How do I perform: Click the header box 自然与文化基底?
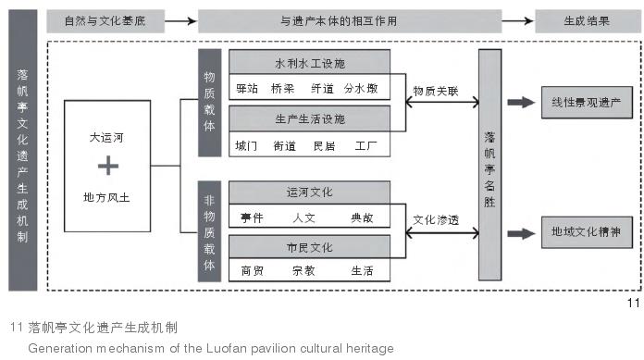pyautogui.click(x=104, y=19)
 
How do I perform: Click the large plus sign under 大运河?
pyautogui.click(x=108, y=167)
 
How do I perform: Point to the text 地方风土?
pyautogui.click(x=107, y=197)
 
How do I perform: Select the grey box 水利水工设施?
pyautogui.click(x=309, y=64)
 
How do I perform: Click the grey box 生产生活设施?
pyautogui.click(x=309, y=119)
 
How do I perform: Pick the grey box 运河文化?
pyautogui.click(x=309, y=192)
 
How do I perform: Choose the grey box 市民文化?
pyautogui.click(x=309, y=247)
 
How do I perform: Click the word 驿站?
pyautogui.click(x=247, y=91)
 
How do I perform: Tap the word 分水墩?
pyautogui.click(x=361, y=91)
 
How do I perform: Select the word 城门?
pyautogui.click(x=247, y=145)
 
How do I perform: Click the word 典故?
pyautogui.click(x=361, y=218)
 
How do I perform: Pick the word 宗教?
pyautogui.click(x=303, y=272)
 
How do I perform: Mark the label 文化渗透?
pyautogui.click(x=435, y=220)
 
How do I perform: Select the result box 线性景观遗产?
pyautogui.click(x=585, y=103)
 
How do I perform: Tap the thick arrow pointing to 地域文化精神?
pyautogui.click(x=522, y=233)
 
